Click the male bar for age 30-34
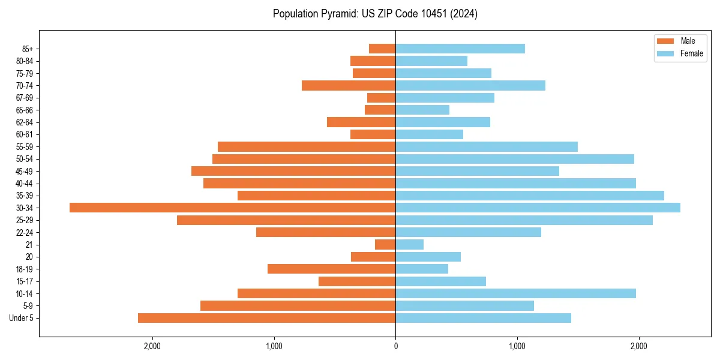[x=232, y=208]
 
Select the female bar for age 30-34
[x=538, y=208]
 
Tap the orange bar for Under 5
[x=266, y=318]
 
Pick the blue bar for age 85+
[x=460, y=49]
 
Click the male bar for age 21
[x=385, y=244]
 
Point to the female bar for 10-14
[x=515, y=293]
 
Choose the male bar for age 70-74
[x=349, y=85]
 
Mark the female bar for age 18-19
[x=422, y=269]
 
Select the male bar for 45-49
[x=293, y=171]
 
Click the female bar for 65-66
[x=422, y=110]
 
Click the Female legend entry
[x=679, y=53]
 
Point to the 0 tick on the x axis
[x=395, y=346]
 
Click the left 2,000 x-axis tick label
[x=152, y=346]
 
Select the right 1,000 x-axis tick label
[x=517, y=346]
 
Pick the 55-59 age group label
[x=25, y=146]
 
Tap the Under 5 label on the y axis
[x=22, y=318]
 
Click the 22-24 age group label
[x=25, y=232]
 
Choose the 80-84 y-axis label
[x=25, y=61]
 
